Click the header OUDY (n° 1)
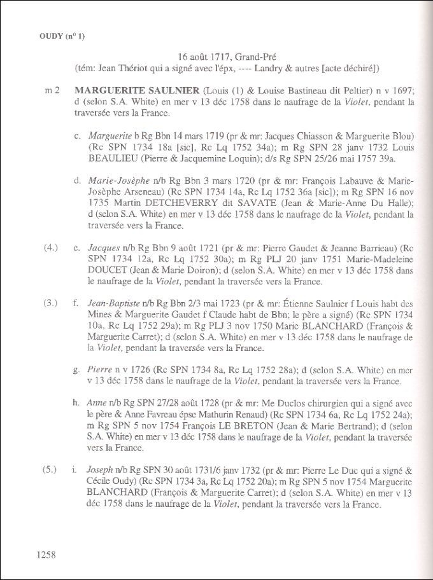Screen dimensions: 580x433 [x=57, y=36]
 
